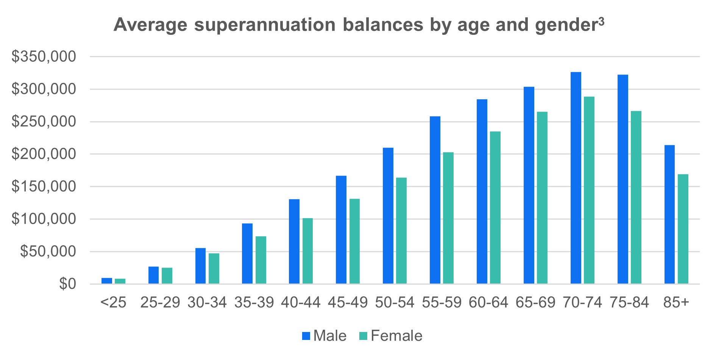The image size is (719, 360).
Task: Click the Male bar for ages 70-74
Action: (576, 178)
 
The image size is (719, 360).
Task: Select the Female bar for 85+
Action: (683, 229)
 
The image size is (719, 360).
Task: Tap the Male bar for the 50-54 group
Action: (388, 216)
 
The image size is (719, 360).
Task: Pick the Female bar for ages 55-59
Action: (448, 218)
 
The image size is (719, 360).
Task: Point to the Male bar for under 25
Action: (107, 281)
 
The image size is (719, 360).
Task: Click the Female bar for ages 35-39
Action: (261, 260)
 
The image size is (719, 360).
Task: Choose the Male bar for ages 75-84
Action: (622, 179)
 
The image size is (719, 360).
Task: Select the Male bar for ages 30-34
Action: (200, 266)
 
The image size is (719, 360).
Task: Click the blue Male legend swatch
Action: (306, 336)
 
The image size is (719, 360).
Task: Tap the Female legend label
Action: (396, 336)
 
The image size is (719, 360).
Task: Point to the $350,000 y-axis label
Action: (44, 57)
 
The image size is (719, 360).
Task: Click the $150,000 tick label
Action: (44, 187)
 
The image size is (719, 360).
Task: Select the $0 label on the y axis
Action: (67, 284)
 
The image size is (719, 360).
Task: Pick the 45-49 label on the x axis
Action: (348, 303)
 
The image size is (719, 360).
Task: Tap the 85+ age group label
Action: (676, 303)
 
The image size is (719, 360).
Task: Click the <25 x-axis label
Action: (113, 303)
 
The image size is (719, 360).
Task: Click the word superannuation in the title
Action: (265, 25)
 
